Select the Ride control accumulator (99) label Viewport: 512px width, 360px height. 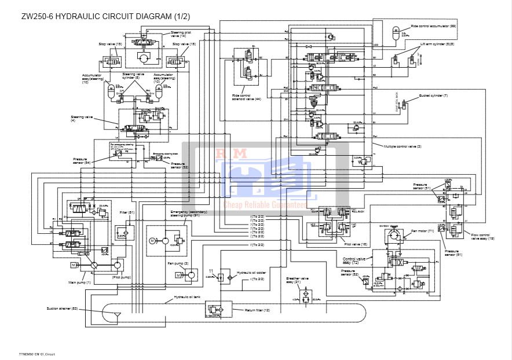433,26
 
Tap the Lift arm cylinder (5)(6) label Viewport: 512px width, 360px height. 438,44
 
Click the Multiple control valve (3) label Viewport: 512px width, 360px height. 403,146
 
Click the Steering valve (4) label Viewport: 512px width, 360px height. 81,118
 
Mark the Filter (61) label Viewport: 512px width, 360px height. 127,212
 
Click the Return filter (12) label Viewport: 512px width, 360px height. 257,310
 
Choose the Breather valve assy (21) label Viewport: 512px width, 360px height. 297,280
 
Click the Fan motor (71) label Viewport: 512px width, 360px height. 423,231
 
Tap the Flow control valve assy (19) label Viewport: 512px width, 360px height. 482,237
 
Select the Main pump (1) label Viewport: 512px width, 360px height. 81,282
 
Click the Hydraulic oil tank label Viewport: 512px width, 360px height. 188,297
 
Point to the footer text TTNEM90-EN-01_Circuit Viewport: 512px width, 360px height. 36,352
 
